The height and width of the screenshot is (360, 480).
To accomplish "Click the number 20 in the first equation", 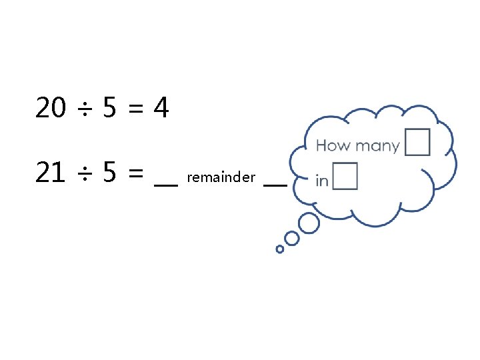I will (x=51, y=108).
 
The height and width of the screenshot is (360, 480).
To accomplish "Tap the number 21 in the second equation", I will (x=51, y=174).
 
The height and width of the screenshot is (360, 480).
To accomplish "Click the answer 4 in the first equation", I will (x=161, y=108).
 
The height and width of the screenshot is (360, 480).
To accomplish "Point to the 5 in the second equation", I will (x=111, y=174).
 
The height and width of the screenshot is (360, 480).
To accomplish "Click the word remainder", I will (x=221, y=177).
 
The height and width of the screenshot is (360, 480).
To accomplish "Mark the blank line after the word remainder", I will (x=275, y=184).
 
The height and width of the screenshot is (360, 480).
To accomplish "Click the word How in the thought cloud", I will (x=334, y=145).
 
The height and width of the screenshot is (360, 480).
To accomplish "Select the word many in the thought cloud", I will (x=377, y=146).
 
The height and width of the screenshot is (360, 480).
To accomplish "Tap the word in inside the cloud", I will (x=322, y=181).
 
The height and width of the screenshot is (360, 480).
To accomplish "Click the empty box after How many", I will (x=417, y=142).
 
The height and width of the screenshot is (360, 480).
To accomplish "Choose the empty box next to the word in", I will (x=345, y=176).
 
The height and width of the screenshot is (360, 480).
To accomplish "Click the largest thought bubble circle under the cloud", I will (x=309, y=223).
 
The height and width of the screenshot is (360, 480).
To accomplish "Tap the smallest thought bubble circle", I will (x=280, y=249).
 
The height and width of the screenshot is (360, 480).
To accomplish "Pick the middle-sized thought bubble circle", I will (x=291, y=238).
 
